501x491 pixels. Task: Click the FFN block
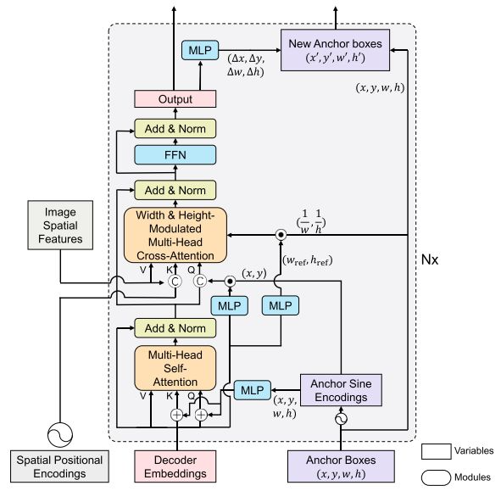(x=175, y=156)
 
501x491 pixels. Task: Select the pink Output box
(x=175, y=99)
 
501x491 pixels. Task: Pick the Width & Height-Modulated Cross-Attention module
(x=175, y=234)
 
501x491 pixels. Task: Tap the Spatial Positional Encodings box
(x=60, y=465)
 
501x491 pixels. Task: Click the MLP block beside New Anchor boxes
(x=199, y=52)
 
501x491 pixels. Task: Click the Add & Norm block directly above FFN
(x=175, y=128)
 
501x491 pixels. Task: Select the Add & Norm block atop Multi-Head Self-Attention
(x=175, y=328)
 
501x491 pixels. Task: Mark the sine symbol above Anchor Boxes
(x=343, y=419)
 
